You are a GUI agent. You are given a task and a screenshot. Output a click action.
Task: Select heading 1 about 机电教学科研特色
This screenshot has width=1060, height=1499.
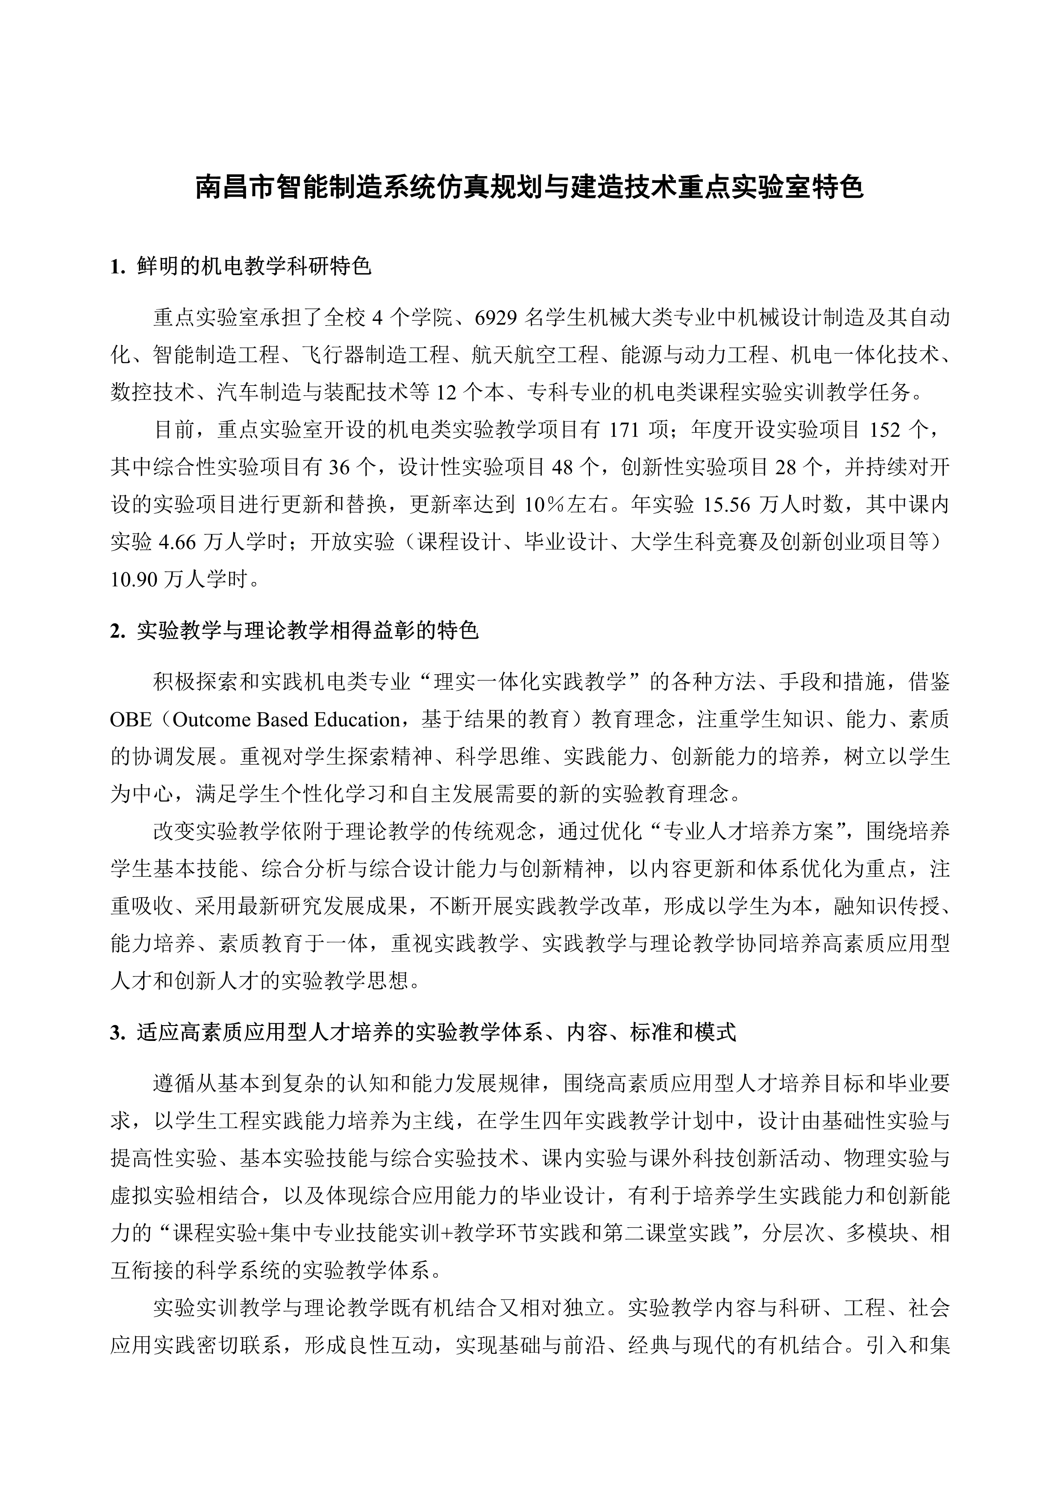[241, 267]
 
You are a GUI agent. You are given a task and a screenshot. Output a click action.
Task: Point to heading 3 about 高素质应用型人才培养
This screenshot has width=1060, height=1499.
[423, 1033]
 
